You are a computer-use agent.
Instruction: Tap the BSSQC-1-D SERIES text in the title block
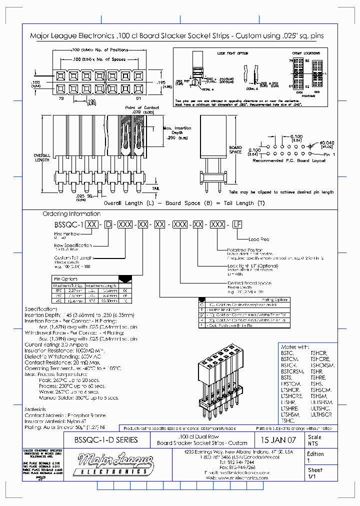(x=105, y=440)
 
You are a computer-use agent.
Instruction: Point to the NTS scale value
(x=313, y=443)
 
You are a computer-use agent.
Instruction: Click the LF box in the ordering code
(x=236, y=225)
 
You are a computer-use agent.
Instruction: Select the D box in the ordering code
(x=107, y=225)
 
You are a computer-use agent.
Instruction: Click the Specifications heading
(x=41, y=309)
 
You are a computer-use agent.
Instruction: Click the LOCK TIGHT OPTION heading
(x=232, y=52)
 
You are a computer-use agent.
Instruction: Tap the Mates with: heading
(x=295, y=346)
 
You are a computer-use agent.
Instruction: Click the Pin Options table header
(x=65, y=278)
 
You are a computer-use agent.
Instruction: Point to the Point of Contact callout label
(x=142, y=107)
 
